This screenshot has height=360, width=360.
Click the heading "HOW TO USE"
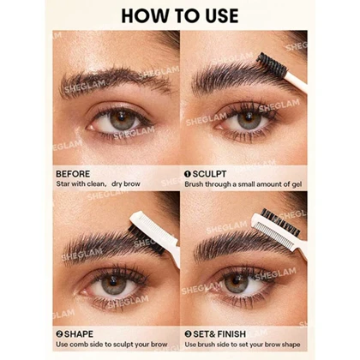point(180,15)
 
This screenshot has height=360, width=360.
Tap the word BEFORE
point(73,174)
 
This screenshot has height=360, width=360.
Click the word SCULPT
point(209,174)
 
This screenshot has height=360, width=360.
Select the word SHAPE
point(79,334)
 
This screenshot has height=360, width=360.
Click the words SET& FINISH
point(219,334)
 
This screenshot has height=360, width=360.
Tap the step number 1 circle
point(188,174)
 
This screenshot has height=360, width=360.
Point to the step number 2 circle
point(59,334)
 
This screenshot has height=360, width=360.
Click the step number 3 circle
point(188,334)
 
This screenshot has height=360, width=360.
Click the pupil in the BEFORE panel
point(122,117)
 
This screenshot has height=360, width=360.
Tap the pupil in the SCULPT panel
point(249,117)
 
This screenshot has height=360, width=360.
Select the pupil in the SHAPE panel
point(114,282)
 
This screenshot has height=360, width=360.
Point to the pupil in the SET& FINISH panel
point(237,281)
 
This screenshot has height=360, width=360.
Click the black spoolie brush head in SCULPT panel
point(271,63)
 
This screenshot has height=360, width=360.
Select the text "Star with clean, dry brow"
point(98,183)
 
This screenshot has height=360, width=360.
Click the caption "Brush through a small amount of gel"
point(243,184)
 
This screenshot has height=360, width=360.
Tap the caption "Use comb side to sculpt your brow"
point(111,345)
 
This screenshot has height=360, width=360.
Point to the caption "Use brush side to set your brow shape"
point(243,345)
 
